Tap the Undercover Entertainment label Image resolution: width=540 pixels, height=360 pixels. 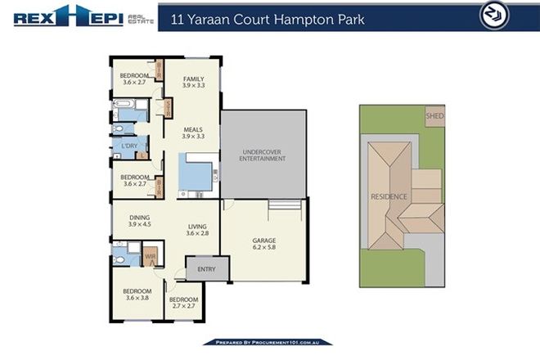coord(263,154)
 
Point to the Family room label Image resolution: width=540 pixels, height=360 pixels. coord(193,79)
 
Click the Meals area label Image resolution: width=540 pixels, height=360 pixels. coord(193,128)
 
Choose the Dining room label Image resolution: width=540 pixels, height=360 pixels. coord(140,217)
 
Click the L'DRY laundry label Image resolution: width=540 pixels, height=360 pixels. coord(129,146)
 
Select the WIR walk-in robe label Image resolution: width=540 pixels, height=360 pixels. coord(151,256)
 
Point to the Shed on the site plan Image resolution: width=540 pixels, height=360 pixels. coord(434,116)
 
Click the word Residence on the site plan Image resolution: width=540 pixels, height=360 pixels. coord(388,196)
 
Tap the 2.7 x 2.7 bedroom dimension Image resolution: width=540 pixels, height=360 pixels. coord(183,308)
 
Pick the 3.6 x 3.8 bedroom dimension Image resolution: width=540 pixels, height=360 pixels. coord(137,299)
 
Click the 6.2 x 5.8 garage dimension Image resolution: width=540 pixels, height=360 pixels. coord(263,250)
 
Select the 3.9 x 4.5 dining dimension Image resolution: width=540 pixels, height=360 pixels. coord(140,224)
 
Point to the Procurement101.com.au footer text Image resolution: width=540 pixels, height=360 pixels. coord(268,342)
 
